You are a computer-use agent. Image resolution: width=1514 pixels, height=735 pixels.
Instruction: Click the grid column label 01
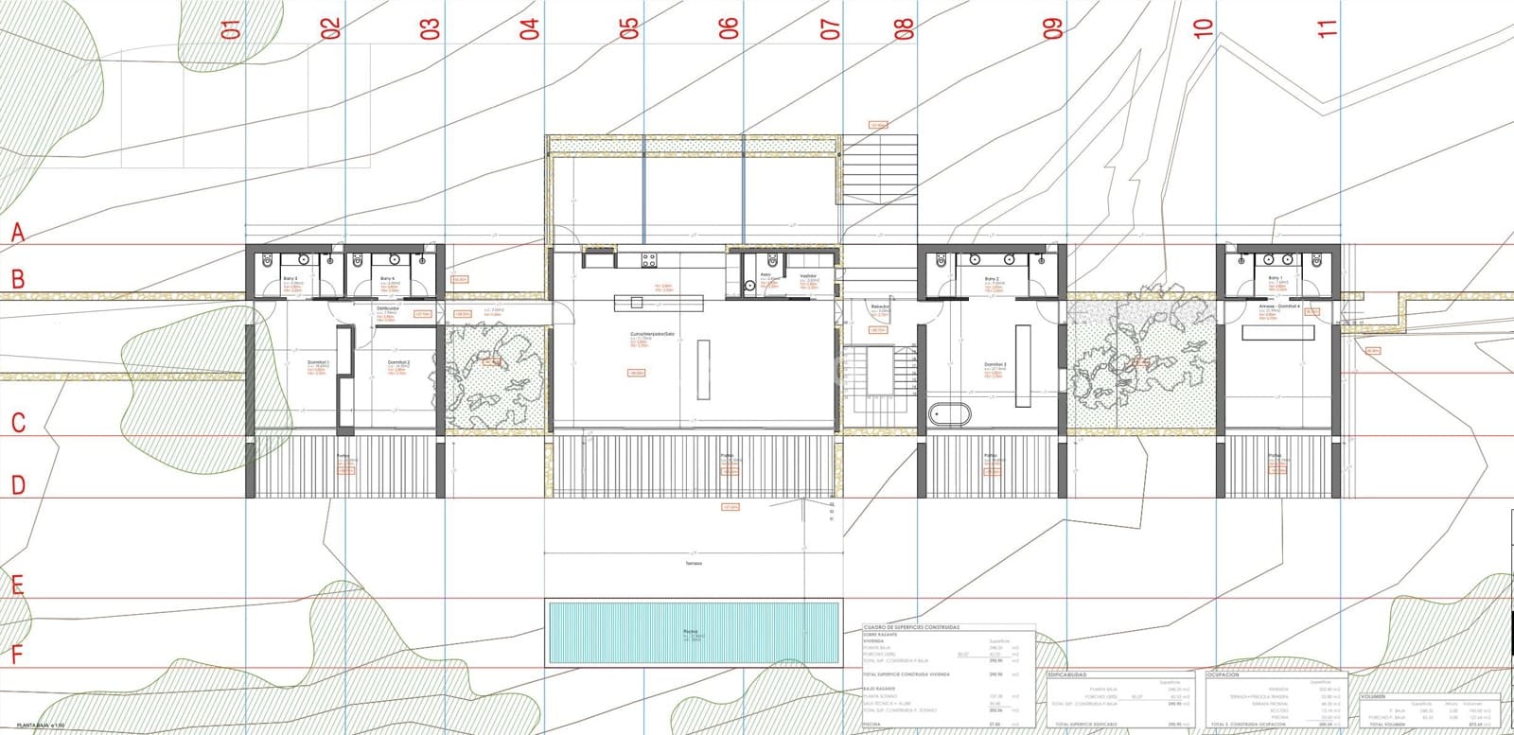(x=230, y=28)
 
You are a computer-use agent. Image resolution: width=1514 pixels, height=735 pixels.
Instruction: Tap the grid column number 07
(x=831, y=28)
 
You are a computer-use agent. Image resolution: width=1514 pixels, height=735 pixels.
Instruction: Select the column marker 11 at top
(x=1329, y=28)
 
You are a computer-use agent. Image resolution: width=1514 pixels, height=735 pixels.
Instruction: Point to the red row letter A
(x=17, y=232)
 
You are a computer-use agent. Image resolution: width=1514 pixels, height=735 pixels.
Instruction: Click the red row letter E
(x=17, y=585)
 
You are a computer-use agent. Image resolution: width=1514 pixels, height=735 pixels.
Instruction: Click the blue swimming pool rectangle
(x=693, y=633)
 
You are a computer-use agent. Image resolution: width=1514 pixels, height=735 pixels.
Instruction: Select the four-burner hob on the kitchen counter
(x=650, y=258)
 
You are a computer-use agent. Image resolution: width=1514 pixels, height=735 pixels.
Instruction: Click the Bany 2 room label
(x=992, y=279)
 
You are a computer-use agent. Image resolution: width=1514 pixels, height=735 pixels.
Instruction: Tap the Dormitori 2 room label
(x=398, y=362)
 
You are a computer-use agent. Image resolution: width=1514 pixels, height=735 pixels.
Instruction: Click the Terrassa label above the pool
(x=695, y=563)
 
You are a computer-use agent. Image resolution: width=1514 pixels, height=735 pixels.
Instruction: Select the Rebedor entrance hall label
(x=881, y=307)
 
